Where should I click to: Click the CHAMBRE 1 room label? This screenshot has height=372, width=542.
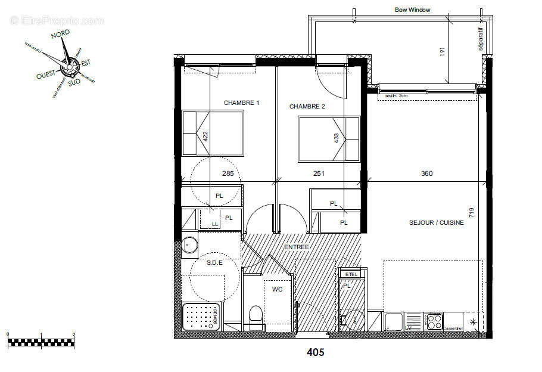(x=241, y=103)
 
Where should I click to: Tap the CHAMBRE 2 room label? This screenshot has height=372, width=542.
(x=307, y=106)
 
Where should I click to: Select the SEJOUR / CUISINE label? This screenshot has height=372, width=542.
(x=436, y=222)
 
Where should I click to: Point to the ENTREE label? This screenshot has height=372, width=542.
(x=296, y=247)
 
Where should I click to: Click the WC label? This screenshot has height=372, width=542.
(x=277, y=289)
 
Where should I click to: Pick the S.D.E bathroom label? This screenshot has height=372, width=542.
(x=214, y=262)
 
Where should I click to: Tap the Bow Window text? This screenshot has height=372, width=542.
(x=412, y=10)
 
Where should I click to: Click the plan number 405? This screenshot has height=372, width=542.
(x=315, y=352)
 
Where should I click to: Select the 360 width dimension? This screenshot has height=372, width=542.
(x=426, y=174)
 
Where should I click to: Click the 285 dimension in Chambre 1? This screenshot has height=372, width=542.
(x=228, y=174)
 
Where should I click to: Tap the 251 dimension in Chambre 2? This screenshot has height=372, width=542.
(x=319, y=174)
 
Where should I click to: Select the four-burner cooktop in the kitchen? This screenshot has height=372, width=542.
(x=434, y=322)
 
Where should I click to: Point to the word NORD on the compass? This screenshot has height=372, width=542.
(x=60, y=35)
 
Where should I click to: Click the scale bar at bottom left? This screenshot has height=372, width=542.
(x=41, y=342)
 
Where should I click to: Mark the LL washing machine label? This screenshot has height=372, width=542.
(x=214, y=224)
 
